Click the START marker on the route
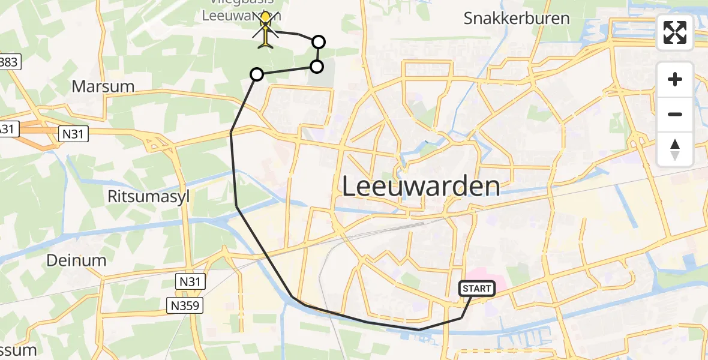[x=477, y=289]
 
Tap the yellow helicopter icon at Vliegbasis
[x=266, y=30]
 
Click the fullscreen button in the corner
[x=675, y=32]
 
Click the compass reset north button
[x=675, y=149]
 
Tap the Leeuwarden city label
[x=421, y=186]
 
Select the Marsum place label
[x=103, y=86]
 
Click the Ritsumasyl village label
[x=147, y=196]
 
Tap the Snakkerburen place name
[x=517, y=18]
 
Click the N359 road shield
[x=185, y=306]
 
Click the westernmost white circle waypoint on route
[x=256, y=74]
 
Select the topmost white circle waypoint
[x=319, y=41]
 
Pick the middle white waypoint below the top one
[x=316, y=66]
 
